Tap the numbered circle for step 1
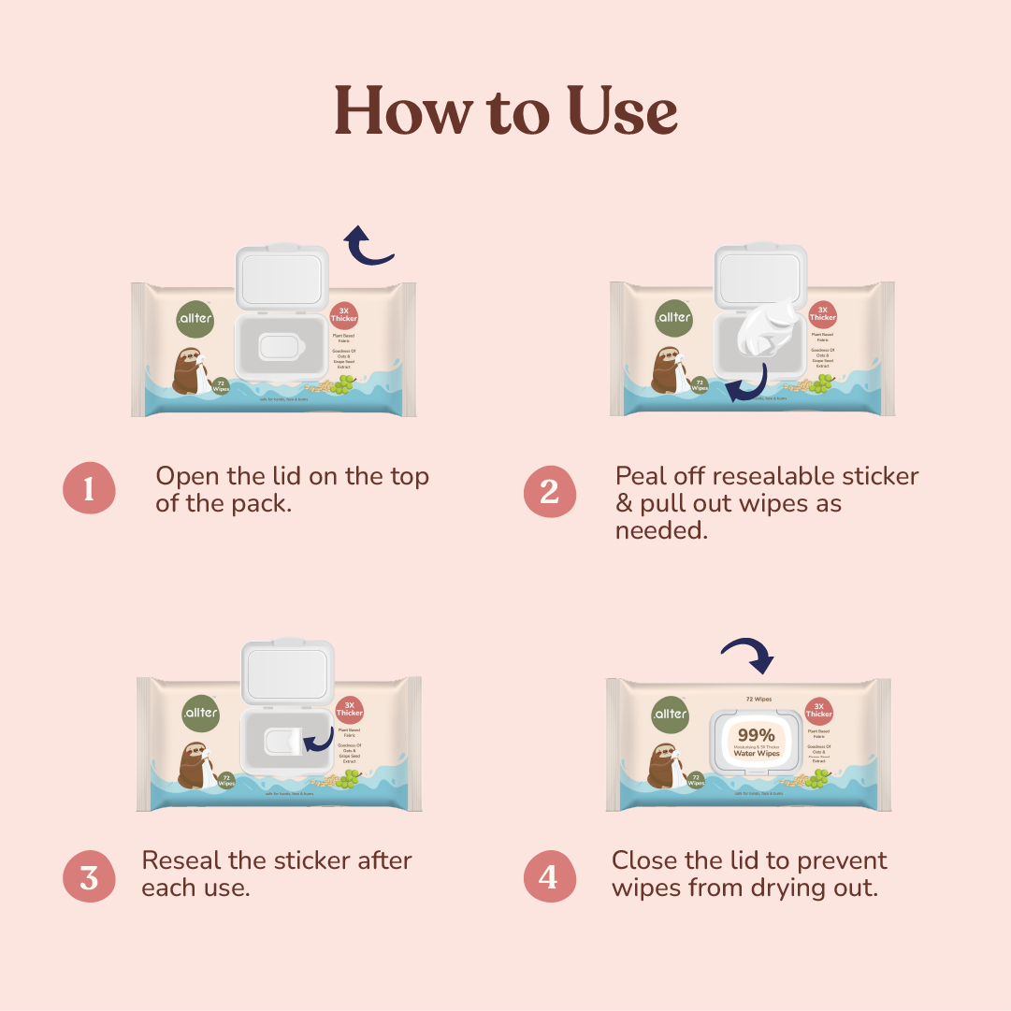[89, 488]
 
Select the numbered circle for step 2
[549, 489]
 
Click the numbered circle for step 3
[89, 877]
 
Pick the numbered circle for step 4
[549, 877]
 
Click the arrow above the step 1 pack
[368, 245]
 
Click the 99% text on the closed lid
[756, 734]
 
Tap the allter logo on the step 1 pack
[195, 318]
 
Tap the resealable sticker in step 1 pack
[278, 347]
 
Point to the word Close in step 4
[643, 860]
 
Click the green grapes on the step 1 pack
[344, 383]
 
